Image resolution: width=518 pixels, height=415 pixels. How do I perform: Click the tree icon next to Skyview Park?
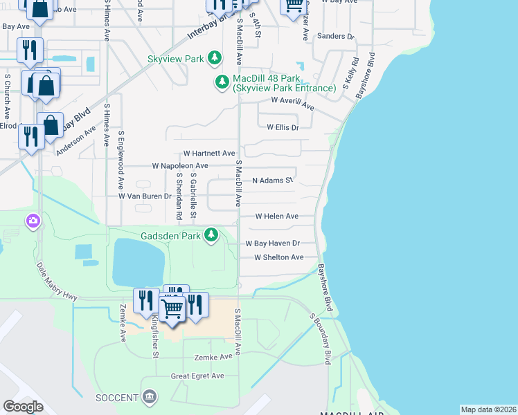click(x=215, y=59)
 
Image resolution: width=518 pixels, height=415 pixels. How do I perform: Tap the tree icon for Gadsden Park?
click(x=212, y=236)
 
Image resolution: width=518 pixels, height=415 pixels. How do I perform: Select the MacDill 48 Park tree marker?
click(x=222, y=83)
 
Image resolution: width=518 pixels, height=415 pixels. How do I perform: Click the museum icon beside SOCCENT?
click(x=149, y=396)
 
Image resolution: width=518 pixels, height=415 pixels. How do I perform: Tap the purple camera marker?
click(x=32, y=221)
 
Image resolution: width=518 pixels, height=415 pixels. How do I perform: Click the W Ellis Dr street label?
click(x=283, y=127)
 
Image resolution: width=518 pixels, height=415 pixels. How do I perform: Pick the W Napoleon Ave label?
click(x=179, y=166)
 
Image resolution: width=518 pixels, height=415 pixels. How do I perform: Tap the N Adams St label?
click(x=273, y=181)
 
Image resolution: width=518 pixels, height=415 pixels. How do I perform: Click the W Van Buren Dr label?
click(x=145, y=196)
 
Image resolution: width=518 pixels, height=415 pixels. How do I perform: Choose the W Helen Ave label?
click(x=276, y=216)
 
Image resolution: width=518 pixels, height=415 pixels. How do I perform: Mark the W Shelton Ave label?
click(x=278, y=257)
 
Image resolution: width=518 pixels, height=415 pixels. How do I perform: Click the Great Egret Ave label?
click(x=198, y=376)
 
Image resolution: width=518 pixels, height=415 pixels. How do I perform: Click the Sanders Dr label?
click(x=335, y=36)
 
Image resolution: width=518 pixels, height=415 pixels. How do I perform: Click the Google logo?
click(x=23, y=407)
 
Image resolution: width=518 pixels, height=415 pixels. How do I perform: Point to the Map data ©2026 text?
click(x=488, y=409)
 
